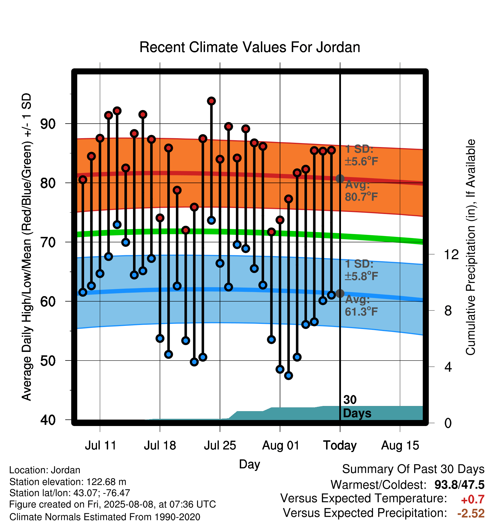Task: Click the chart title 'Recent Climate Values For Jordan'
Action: [x=250, y=47]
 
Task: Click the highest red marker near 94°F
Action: [x=211, y=101]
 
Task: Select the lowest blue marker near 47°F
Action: [x=289, y=376]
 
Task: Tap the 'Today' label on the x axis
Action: [x=340, y=445]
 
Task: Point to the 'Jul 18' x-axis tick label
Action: [x=160, y=445]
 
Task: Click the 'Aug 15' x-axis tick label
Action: [x=400, y=445]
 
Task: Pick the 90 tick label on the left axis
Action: [x=48, y=124]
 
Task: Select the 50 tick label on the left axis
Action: [x=48, y=361]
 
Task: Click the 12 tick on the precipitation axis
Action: [x=451, y=254]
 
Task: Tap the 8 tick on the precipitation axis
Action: [x=448, y=310]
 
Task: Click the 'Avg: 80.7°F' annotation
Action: [x=362, y=191]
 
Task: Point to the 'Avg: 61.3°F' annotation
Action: [x=362, y=306]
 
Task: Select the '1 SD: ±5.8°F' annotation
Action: [x=362, y=270]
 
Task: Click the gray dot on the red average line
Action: [x=340, y=179]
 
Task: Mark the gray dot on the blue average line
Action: [x=340, y=293]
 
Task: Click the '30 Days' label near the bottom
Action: [x=357, y=407]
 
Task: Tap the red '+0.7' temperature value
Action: [x=473, y=500]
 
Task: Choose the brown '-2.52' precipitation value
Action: [x=471, y=513]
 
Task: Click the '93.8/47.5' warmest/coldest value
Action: [x=459, y=485]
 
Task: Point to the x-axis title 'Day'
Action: [x=249, y=464]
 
